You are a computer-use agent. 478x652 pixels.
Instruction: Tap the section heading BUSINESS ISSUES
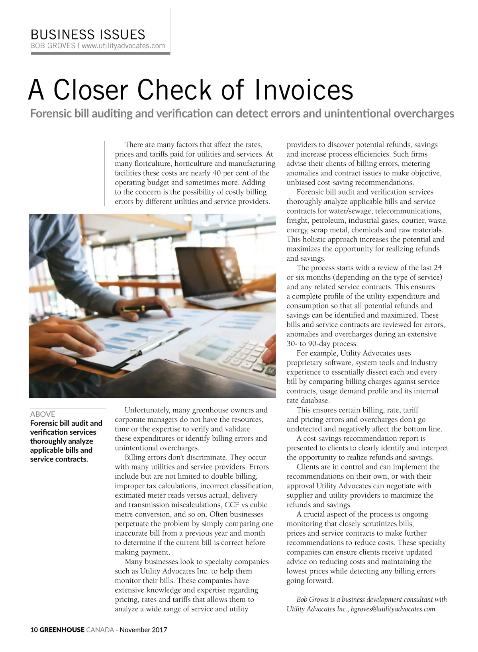tap(88, 34)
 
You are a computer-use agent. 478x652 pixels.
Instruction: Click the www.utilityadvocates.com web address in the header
tap(123, 46)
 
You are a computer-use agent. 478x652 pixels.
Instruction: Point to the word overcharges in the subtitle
tap(423, 114)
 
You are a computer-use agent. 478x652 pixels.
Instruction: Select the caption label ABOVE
tap(43, 414)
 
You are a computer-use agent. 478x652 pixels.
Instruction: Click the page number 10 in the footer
tap(34, 630)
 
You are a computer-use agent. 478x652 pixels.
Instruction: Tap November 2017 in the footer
tap(143, 630)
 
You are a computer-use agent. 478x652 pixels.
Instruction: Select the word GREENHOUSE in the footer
tap(62, 630)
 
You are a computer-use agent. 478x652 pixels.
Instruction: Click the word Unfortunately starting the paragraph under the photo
tap(147, 410)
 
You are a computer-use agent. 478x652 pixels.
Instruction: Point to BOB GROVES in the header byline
tap(53, 46)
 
